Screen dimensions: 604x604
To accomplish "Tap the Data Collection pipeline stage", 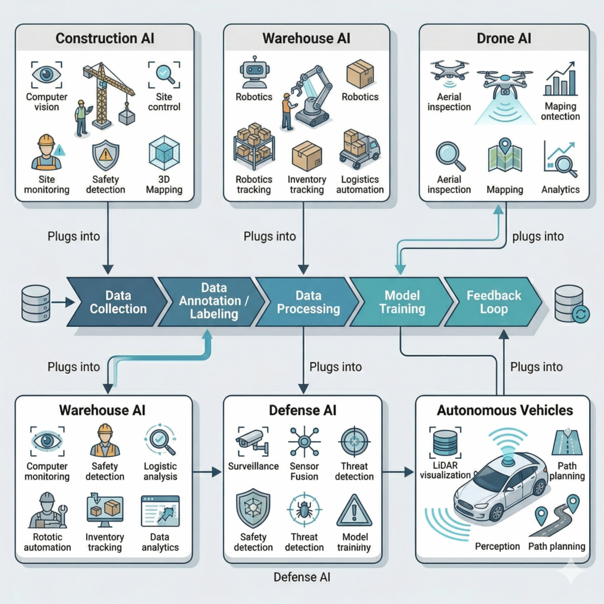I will coord(118,301).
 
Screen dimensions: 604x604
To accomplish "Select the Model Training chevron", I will coord(402,301).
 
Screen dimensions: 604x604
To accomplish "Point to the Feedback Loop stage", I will coord(493,301).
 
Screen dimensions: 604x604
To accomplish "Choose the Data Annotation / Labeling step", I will coord(214,301).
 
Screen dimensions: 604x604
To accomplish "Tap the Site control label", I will coord(165,101).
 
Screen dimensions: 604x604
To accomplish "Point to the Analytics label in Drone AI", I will coord(560,190).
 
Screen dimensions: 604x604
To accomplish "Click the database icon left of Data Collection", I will coord(35,303).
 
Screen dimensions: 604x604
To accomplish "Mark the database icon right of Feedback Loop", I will coord(569,303).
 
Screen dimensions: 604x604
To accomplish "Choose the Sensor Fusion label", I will coord(304,471).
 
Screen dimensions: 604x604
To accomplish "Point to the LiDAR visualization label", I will coord(445,470).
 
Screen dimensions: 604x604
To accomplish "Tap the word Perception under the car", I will coord(497,546).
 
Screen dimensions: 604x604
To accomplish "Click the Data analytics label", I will coord(160,542).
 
